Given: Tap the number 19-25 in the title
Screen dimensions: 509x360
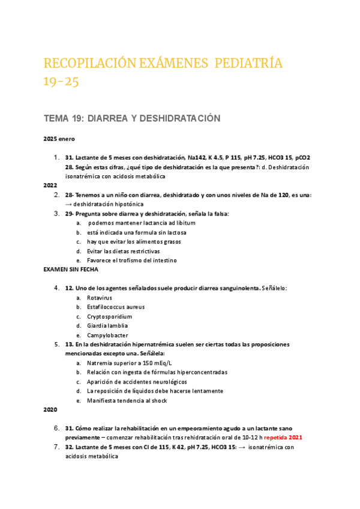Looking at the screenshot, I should coord(61,82).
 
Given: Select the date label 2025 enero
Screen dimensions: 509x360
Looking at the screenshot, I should coord(58,139).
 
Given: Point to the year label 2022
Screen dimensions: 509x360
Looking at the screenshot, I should coord(50,185).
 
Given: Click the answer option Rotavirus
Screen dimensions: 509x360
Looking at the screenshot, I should coord(100,298).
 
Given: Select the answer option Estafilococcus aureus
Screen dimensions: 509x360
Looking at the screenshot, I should coord(116,307).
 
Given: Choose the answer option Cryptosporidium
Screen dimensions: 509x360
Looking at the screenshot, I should coord(110,316).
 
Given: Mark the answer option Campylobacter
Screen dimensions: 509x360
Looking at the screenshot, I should coord(107,335).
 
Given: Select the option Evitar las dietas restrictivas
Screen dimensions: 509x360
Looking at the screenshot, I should coord(123,251).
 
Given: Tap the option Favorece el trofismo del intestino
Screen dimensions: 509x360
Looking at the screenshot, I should coord(132,261).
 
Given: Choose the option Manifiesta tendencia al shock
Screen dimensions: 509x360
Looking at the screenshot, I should coord(127,400).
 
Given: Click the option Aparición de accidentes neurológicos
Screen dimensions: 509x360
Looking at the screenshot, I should coord(137,382).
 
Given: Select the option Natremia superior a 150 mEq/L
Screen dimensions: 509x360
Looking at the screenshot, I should coord(129,363).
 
